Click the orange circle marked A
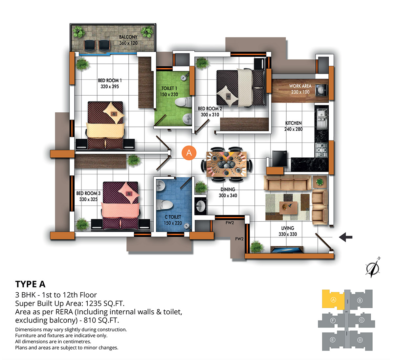pyautogui.click(x=189, y=153)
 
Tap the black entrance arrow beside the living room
pyautogui.click(x=346, y=237)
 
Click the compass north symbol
pyautogui.click(x=373, y=268)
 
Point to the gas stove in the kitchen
pyautogui.click(x=321, y=150)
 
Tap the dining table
pyautogui.click(x=227, y=164)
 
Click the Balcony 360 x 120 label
pyautogui.click(x=128, y=40)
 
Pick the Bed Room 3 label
pyautogui.click(x=88, y=196)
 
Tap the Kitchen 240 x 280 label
pyautogui.click(x=294, y=126)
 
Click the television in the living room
pyautogui.click(x=287, y=250)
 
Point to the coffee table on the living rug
pyautogui.click(x=288, y=208)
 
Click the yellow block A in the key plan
pyautogui.click(x=333, y=300)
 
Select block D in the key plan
pyautogui.click(x=360, y=340)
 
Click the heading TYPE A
pyautogui.click(x=30, y=284)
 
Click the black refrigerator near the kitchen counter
pyautogui.click(x=279, y=159)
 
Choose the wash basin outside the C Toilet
pyautogui.click(x=200, y=206)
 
